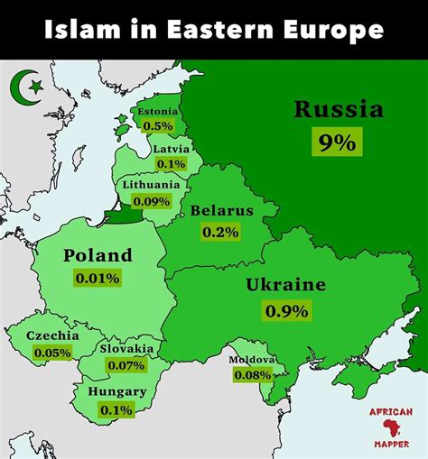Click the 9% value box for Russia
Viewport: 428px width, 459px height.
click(x=337, y=142)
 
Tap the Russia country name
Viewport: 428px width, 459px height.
click(x=338, y=111)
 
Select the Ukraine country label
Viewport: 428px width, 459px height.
click(x=285, y=286)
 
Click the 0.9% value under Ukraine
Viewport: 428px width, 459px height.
click(x=286, y=311)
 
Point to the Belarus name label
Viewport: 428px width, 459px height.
click(x=221, y=211)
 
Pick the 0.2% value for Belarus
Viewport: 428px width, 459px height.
click(x=220, y=232)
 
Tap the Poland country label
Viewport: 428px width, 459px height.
click(x=98, y=255)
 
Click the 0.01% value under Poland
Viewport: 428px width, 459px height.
click(x=98, y=278)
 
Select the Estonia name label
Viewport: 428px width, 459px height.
click(x=158, y=113)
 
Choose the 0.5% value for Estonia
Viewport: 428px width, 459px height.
click(x=158, y=127)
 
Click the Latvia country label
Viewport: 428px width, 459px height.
click(x=171, y=149)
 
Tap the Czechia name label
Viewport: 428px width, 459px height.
click(x=52, y=336)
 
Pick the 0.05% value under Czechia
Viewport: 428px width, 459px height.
click(x=52, y=353)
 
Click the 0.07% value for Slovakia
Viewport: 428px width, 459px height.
click(x=126, y=365)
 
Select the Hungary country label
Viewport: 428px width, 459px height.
click(x=116, y=392)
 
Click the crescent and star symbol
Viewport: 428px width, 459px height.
click(x=27, y=87)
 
